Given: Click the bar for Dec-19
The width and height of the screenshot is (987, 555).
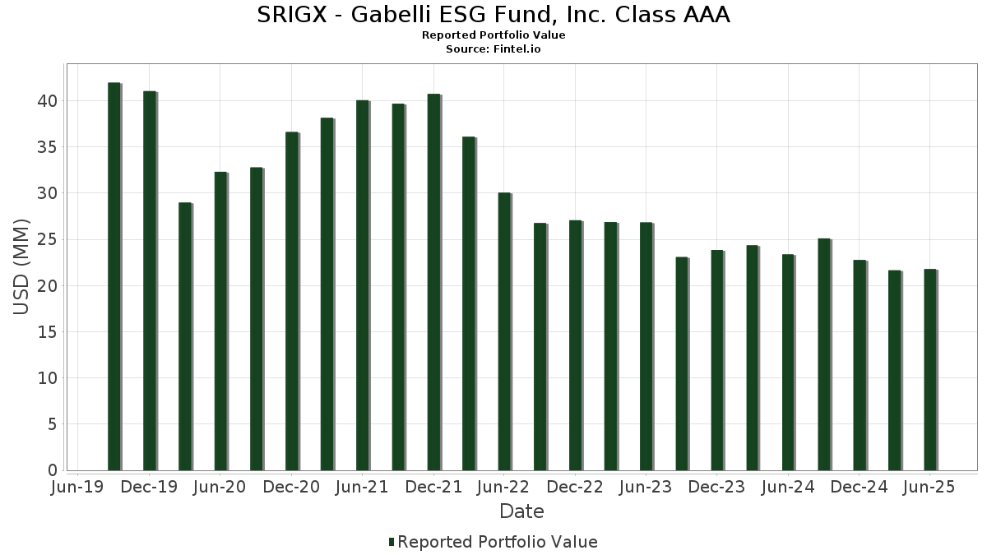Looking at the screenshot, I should [x=149, y=280].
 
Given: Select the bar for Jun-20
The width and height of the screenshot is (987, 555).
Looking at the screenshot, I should [x=220, y=321].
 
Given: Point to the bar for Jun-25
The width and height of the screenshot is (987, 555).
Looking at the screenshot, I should [x=929, y=369].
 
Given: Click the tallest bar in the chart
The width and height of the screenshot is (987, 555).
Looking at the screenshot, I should [x=114, y=276].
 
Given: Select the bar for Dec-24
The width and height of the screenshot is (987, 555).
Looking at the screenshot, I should [x=859, y=365].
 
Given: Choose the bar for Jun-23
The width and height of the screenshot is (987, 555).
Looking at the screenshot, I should [x=646, y=346].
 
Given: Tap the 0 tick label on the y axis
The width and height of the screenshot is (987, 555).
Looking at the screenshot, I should [x=52, y=470].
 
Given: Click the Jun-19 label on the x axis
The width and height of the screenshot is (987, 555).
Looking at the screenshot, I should [x=77, y=487].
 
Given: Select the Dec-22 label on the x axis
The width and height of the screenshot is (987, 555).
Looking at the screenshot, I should [x=575, y=487].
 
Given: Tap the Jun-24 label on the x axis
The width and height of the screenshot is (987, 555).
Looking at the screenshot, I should [x=787, y=487].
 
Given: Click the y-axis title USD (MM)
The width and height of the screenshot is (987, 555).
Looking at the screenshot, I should [x=21, y=267].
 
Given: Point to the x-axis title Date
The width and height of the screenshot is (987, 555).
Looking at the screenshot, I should [x=521, y=511].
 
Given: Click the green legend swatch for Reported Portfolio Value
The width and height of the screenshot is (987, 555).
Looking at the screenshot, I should [x=392, y=542].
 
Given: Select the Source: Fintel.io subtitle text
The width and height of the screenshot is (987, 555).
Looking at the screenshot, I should [x=493, y=49].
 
